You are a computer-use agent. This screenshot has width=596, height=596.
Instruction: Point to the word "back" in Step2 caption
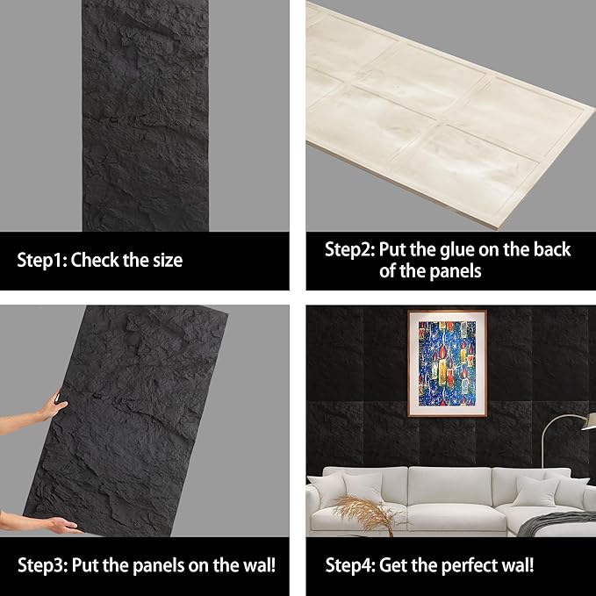point(549,250)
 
